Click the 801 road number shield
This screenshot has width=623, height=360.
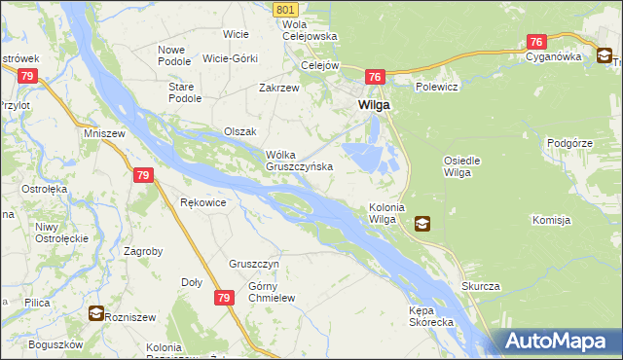(285, 9)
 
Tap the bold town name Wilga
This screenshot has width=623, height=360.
(375, 105)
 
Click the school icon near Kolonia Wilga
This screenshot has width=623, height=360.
(421, 224)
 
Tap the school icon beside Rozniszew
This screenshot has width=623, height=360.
(96, 313)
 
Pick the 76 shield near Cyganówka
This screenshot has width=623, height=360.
(536, 42)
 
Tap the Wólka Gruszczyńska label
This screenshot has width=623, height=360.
(300, 160)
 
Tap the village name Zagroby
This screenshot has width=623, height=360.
(143, 250)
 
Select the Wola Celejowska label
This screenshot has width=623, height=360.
(310, 30)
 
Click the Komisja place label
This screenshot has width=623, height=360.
(551, 220)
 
